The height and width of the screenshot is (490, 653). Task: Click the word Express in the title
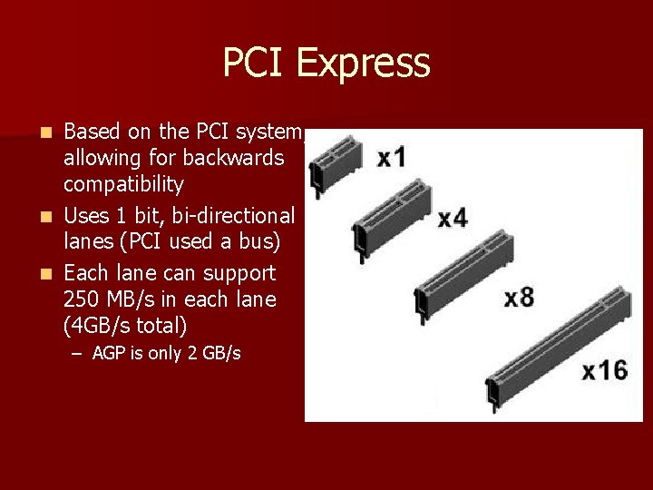(x=363, y=64)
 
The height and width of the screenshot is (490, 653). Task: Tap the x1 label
(x=392, y=158)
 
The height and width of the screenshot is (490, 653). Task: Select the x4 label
(x=453, y=218)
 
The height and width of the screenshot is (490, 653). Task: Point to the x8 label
(x=519, y=297)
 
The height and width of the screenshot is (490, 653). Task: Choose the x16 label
(x=604, y=369)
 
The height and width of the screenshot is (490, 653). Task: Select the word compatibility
(x=123, y=184)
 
